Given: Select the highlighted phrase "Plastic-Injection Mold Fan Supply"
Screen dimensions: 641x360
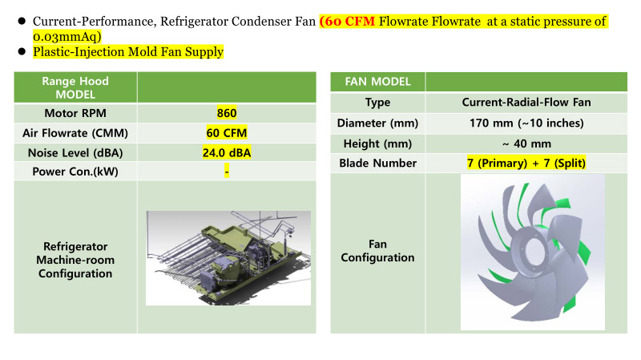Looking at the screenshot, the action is point(128,52).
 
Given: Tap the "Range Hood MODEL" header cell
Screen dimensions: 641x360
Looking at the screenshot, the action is point(75,87).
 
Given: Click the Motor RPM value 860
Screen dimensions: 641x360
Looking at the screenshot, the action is point(227,113).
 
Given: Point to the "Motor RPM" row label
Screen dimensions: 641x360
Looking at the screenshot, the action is point(75,113).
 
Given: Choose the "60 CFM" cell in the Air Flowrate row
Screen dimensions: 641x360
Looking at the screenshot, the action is point(227,133).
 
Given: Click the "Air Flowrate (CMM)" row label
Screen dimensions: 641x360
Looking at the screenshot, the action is point(75,133).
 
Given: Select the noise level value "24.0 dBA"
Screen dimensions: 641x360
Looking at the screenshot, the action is point(227,152).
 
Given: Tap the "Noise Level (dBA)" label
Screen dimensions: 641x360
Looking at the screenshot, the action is point(75,153).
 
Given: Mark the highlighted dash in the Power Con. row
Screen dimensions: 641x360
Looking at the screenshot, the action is point(227,171).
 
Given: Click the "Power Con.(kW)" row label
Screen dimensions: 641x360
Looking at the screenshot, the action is point(75,172).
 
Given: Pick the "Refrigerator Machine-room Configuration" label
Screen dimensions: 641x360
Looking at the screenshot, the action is point(75,260).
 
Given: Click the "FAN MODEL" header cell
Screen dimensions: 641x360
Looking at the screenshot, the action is point(377,82).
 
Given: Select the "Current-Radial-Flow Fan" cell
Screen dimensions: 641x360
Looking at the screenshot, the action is point(526,103).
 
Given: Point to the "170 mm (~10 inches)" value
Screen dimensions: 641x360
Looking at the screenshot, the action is point(526,123).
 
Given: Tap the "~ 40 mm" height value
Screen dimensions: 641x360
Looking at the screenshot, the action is point(526,144).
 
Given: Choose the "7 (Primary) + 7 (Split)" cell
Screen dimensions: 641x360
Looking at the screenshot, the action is point(526,164).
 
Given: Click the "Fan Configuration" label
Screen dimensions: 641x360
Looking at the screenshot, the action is point(377,251).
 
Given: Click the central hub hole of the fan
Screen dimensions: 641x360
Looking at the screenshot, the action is point(533,249).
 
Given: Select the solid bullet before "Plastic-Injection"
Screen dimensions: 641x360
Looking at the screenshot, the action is point(22,51).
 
